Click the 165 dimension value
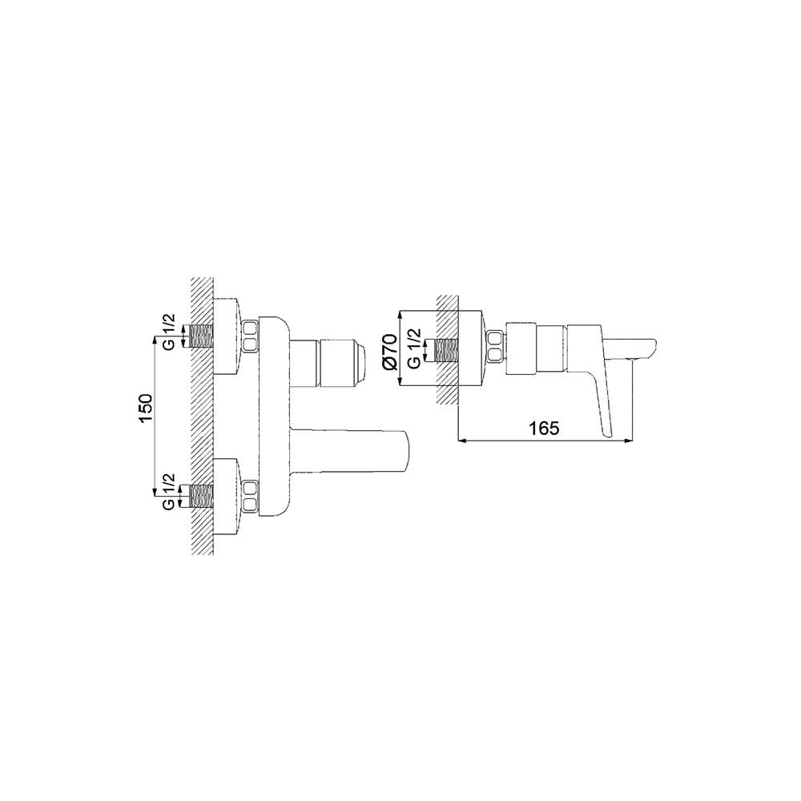(x=544, y=429)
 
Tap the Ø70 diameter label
(x=389, y=350)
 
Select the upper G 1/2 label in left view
(x=169, y=332)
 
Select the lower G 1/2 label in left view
(x=169, y=493)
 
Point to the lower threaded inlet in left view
(x=200, y=496)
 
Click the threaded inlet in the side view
(x=445, y=350)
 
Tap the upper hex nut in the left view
(x=251, y=336)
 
